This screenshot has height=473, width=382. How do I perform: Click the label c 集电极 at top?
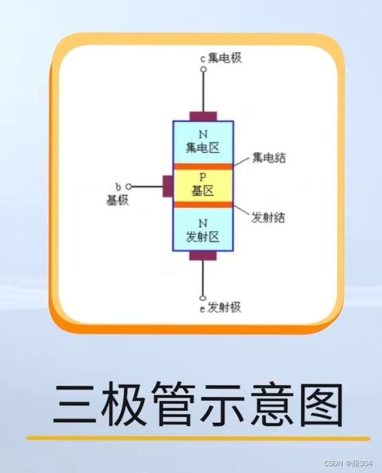(x=221, y=58)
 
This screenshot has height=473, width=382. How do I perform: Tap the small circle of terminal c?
(x=203, y=70)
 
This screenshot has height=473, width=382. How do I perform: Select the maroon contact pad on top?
(x=203, y=116)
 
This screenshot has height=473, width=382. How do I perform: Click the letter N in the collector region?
(x=202, y=134)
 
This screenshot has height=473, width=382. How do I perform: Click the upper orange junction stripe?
(x=203, y=166)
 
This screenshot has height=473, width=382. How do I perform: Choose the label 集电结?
(x=269, y=157)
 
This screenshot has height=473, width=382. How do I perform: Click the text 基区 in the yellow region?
(x=202, y=190)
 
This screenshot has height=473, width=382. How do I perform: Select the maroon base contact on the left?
(x=168, y=186)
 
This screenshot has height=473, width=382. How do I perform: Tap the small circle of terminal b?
(x=129, y=187)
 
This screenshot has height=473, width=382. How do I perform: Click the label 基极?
(x=117, y=200)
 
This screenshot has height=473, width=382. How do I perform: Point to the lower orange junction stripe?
(x=203, y=205)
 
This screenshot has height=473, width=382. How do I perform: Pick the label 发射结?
(x=268, y=217)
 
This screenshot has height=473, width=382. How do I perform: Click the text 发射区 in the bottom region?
(x=202, y=237)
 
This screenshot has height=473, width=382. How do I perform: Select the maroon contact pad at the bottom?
(x=203, y=256)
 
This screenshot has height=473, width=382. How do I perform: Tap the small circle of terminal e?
(x=203, y=298)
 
